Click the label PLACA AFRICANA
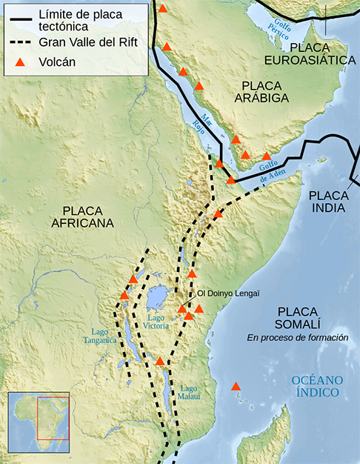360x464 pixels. point(88,216)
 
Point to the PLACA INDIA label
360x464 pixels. point(327,201)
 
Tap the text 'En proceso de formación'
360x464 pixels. point(298,338)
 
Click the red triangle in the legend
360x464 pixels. point(21,62)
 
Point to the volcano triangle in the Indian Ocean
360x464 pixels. point(236,386)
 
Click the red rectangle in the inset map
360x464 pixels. point(53,419)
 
